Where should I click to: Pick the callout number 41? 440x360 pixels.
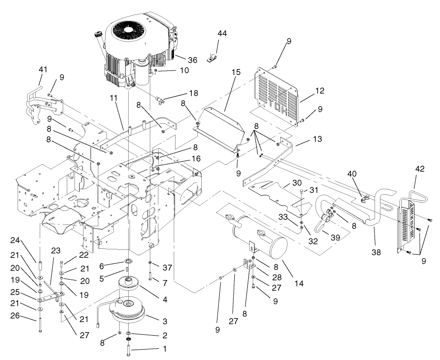pos(43,70)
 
